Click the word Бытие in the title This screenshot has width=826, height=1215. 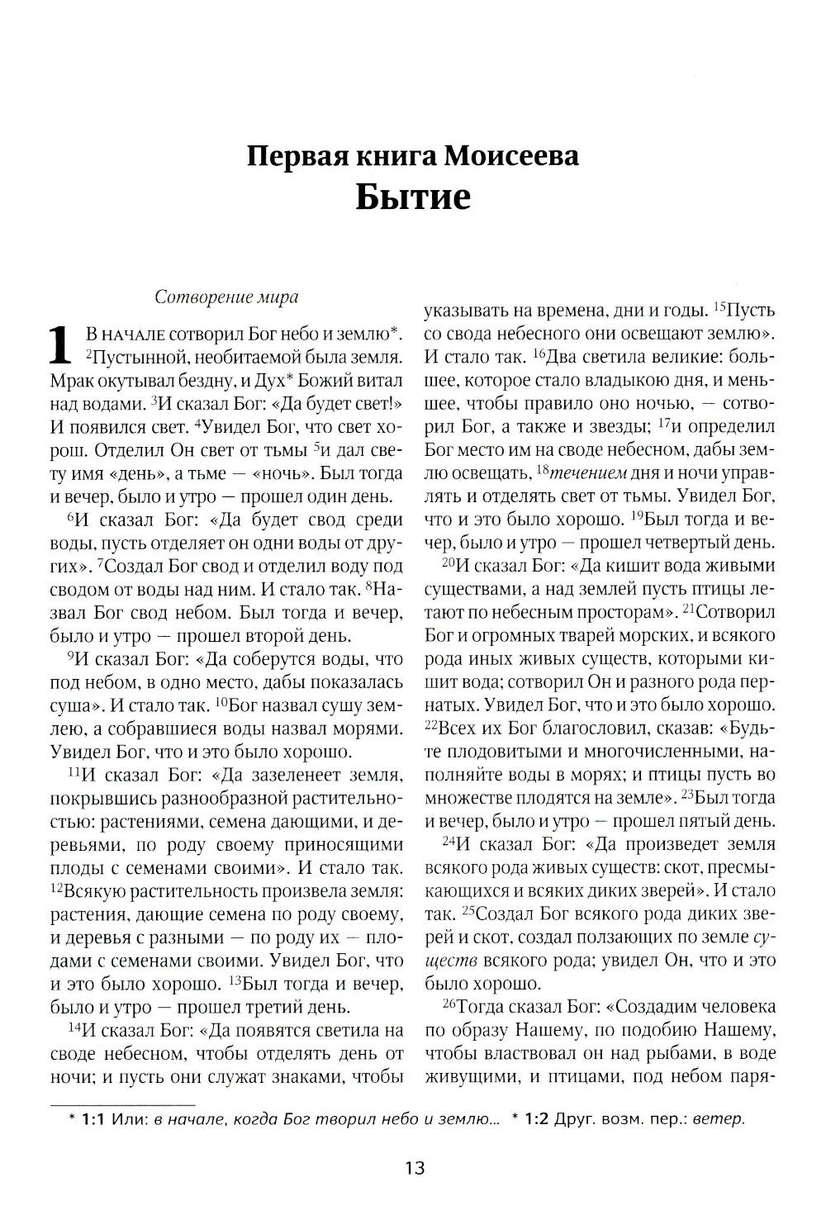[413, 198]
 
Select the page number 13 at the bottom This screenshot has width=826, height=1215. [415, 1168]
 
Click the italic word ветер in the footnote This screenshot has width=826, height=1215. [719, 1120]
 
